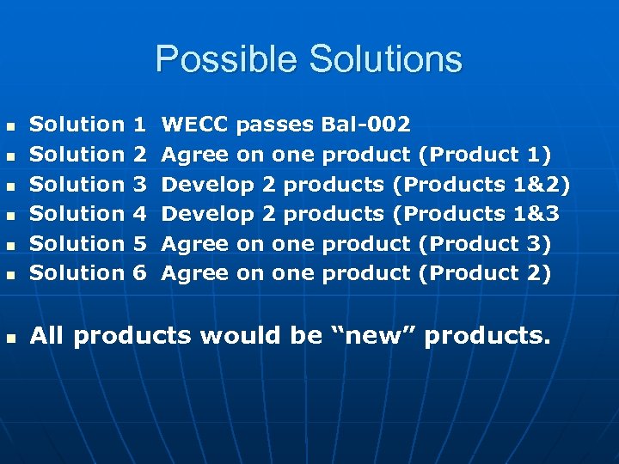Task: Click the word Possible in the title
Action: coord(226,59)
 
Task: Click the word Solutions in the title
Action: coord(384,59)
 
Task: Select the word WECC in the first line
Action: coord(195,125)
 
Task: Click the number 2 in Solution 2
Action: coord(141,155)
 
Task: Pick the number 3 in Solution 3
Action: coord(141,184)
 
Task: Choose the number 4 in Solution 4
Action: coord(141,213)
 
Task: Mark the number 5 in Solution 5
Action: coord(141,243)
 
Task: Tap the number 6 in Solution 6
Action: coord(141,272)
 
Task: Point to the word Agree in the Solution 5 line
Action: coord(195,243)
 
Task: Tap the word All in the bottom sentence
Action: coord(48,336)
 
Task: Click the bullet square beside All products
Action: coord(11,338)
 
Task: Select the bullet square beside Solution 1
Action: coord(11,126)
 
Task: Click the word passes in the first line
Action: coord(274,125)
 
